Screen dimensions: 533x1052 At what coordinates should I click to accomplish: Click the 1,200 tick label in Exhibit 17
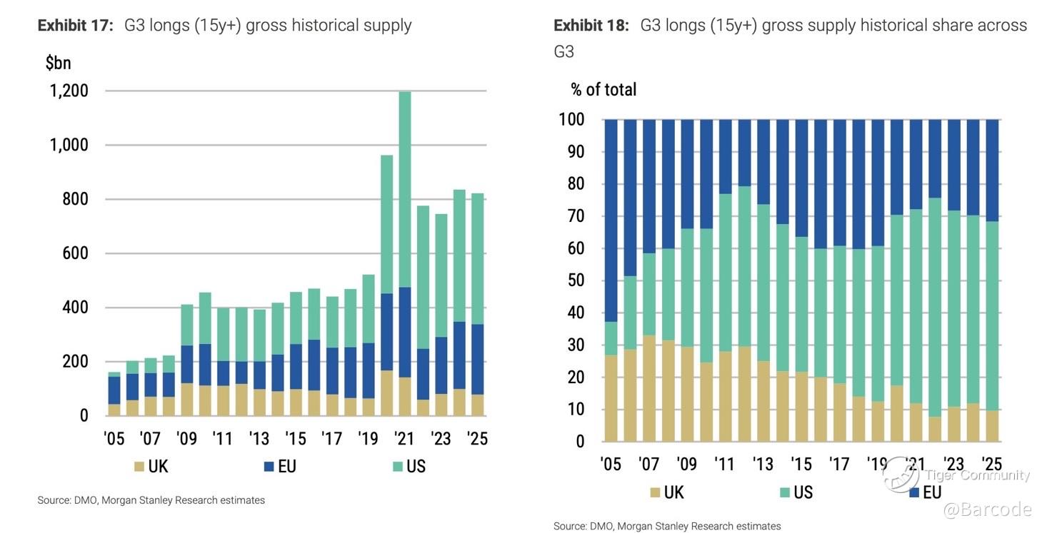[x=69, y=91]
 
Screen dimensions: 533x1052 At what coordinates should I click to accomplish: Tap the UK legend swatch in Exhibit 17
[x=139, y=467]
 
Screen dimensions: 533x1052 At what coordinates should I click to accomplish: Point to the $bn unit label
[x=58, y=63]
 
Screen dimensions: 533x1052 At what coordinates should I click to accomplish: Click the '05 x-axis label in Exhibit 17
[x=114, y=438]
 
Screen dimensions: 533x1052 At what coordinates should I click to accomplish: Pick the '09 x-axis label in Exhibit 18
[x=686, y=464]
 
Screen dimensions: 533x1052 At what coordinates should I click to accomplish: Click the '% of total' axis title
[x=603, y=90]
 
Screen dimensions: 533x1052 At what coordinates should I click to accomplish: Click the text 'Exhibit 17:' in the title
[x=75, y=26]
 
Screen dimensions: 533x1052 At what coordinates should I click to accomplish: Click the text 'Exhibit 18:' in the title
[x=591, y=26]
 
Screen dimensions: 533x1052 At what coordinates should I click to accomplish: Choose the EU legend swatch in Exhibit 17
[x=269, y=467]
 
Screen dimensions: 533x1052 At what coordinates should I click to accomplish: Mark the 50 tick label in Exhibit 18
[x=575, y=280]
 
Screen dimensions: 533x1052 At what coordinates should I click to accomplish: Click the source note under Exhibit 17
[x=151, y=500]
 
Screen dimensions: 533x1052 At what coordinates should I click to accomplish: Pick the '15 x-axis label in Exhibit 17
[x=296, y=438]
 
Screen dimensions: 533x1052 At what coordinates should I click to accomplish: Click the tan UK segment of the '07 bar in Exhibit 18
[x=648, y=389]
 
